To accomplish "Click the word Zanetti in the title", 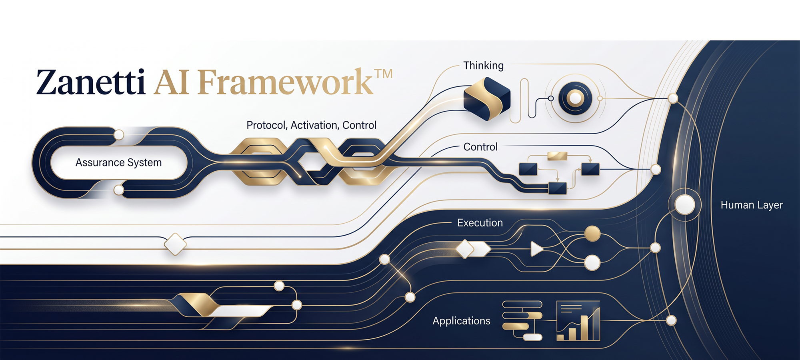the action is (91, 82).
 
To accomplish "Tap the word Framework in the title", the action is (286, 82).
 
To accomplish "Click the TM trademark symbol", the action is (384, 74).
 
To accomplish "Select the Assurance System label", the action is (118, 163).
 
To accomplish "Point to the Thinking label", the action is (483, 66).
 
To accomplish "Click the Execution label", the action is (480, 223).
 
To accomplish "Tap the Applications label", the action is (461, 321).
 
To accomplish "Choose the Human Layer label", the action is (752, 205).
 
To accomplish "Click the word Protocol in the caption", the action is (266, 126).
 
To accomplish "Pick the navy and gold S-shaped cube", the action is (487, 99).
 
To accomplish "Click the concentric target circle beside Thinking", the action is (575, 98).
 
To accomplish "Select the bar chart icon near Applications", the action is (578, 321).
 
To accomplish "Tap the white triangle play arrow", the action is (536, 249).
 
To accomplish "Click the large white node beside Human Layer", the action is (685, 205).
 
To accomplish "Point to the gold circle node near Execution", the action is (592, 234).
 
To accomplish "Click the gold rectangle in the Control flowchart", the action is (557, 156).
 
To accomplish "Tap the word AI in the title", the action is (171, 82).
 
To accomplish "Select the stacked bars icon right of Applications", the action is (522, 321).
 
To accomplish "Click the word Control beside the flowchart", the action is (480, 147).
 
